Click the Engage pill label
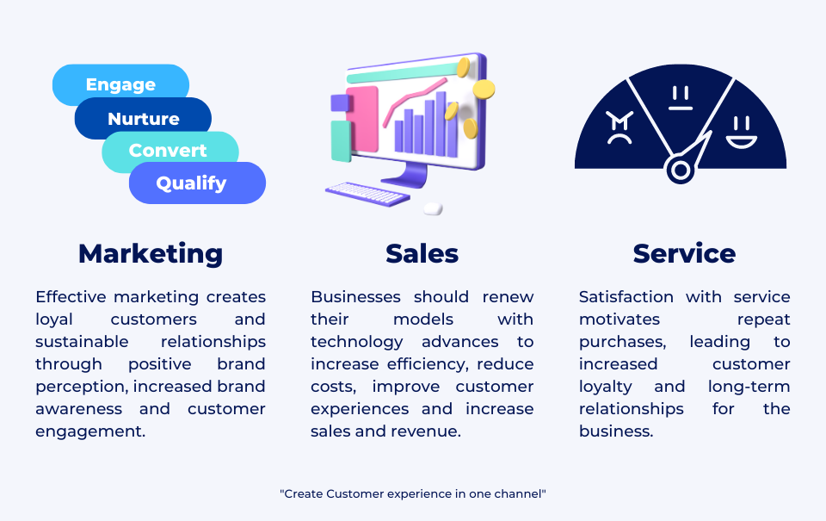(x=120, y=84)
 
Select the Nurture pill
(x=144, y=119)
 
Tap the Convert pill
(x=168, y=151)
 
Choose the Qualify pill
(x=191, y=183)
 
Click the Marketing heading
(x=151, y=253)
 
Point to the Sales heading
(x=422, y=253)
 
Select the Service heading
(x=684, y=253)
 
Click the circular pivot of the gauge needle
(x=680, y=170)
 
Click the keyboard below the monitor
(x=368, y=193)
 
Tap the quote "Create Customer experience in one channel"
(x=413, y=493)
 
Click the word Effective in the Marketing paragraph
(x=71, y=297)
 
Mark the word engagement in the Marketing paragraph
(x=90, y=431)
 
